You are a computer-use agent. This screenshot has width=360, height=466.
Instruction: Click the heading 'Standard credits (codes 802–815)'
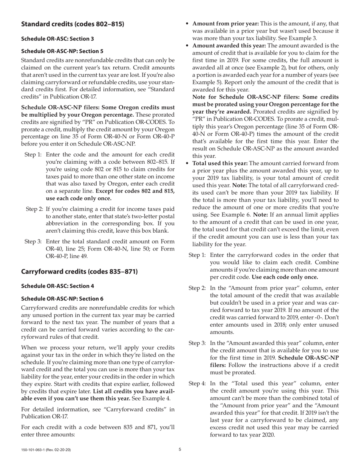72,24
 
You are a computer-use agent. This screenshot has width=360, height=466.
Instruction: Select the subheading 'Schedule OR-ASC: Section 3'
57,39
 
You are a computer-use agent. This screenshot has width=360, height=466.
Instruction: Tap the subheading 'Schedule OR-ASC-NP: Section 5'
62,51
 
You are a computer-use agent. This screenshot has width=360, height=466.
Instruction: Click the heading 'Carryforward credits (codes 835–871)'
79,272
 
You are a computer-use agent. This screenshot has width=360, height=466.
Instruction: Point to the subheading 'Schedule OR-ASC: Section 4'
57,286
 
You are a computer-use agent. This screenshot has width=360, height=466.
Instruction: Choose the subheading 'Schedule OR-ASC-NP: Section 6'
62,299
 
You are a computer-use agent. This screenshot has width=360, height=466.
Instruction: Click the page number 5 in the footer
180,450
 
